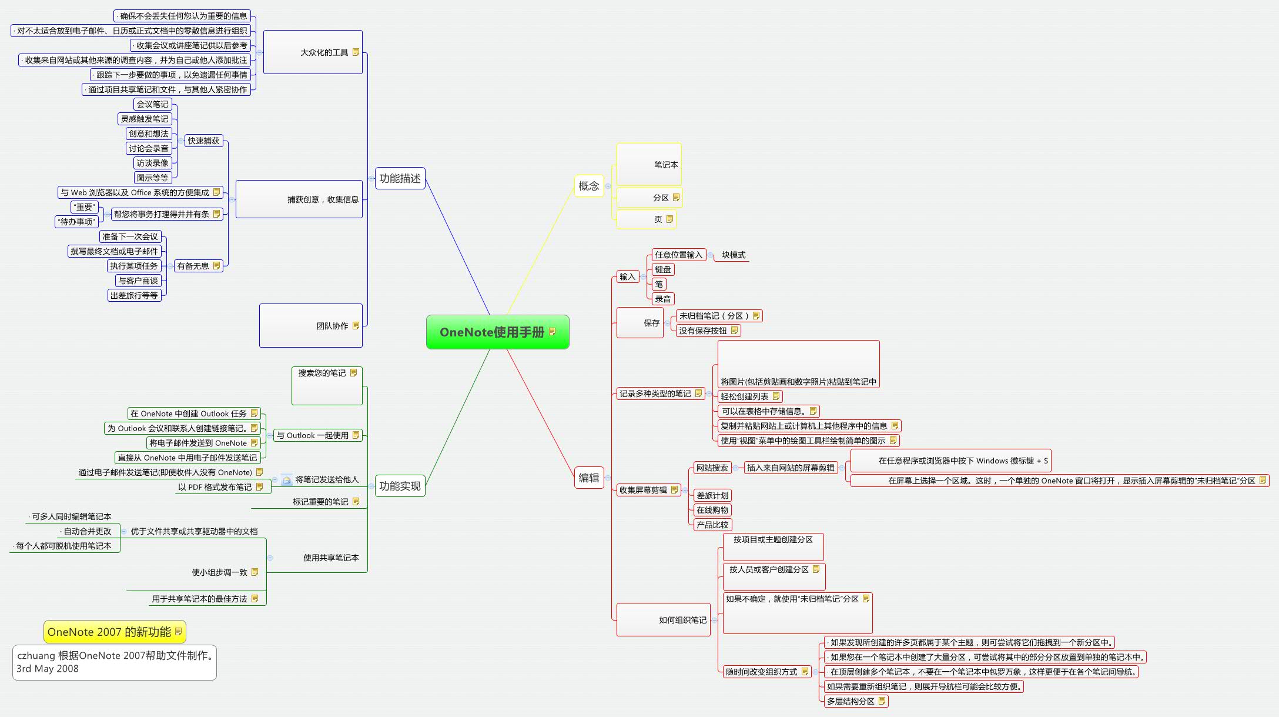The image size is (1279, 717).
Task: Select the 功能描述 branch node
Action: tap(400, 178)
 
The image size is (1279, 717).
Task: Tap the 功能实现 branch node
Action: tap(400, 486)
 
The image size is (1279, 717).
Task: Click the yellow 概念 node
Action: tap(588, 186)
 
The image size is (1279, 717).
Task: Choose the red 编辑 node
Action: tap(588, 478)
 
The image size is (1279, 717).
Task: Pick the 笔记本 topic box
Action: tap(649, 165)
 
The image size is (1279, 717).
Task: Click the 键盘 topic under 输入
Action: tap(663, 269)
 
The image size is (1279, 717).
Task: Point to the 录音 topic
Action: tap(663, 299)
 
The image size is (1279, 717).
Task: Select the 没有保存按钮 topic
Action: tap(703, 331)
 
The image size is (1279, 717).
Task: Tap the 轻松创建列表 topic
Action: tap(745, 396)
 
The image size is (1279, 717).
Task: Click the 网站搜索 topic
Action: tap(712, 468)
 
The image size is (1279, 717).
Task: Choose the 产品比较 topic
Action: tap(712, 525)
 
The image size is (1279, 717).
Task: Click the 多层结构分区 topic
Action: tap(851, 701)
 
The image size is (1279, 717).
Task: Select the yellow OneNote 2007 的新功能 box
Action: tap(109, 632)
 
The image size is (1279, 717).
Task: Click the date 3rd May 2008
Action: tap(48, 669)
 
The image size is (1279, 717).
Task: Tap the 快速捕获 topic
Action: tap(203, 141)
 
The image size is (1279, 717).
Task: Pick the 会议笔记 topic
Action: tap(152, 104)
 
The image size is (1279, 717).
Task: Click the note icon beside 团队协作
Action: tap(356, 326)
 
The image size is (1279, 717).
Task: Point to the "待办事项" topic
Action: tap(76, 222)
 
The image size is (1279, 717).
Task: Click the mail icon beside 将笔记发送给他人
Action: tap(287, 480)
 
